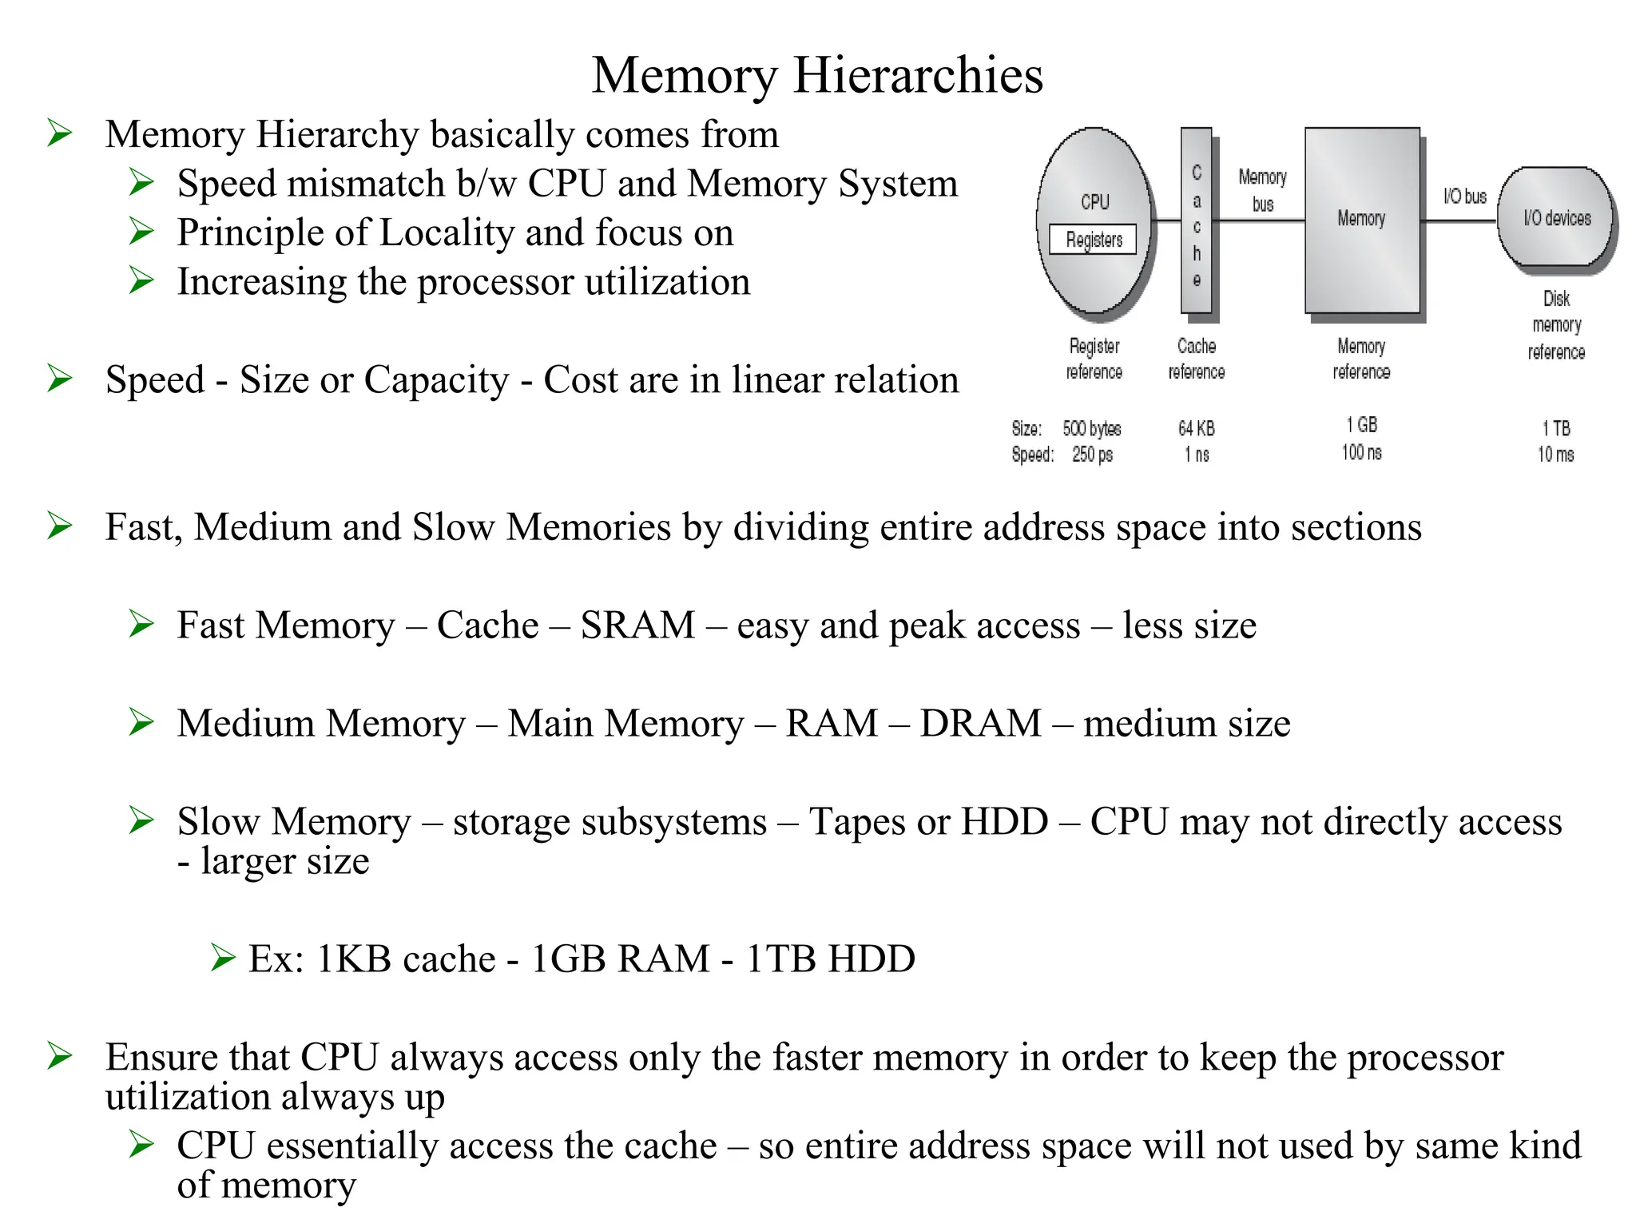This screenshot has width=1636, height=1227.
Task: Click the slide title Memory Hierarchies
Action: [817, 75]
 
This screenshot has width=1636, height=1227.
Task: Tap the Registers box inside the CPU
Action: [1093, 240]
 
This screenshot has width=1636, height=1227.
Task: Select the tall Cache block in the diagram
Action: [1196, 222]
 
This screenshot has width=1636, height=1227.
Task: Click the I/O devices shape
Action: [1556, 218]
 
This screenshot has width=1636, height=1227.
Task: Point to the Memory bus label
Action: [1262, 190]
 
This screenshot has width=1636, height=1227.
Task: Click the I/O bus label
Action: [1464, 197]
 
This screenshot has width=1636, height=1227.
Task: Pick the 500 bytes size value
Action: [1091, 429]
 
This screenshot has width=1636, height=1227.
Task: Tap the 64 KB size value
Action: [1196, 429]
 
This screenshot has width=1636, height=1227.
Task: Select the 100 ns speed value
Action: [1361, 453]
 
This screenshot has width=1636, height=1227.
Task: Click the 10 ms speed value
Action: [1555, 455]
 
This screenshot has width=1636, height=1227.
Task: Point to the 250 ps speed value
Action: [1092, 455]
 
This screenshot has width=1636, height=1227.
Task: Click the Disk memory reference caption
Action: [1556, 325]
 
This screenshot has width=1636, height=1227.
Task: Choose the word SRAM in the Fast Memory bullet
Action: [637, 625]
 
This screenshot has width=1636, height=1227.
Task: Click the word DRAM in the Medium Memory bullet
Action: [980, 724]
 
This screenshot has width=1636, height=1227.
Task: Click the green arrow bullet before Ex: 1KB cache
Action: [223, 957]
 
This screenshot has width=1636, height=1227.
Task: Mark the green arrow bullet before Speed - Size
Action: [60, 378]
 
